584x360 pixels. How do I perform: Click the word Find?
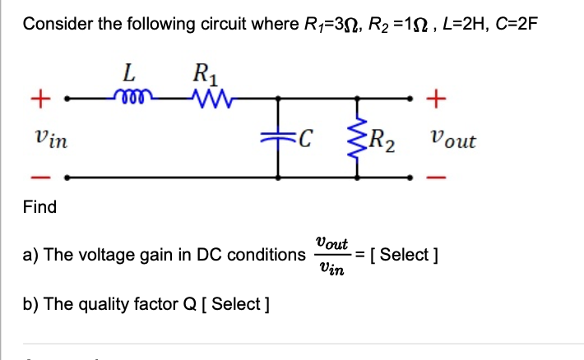click(39, 207)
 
